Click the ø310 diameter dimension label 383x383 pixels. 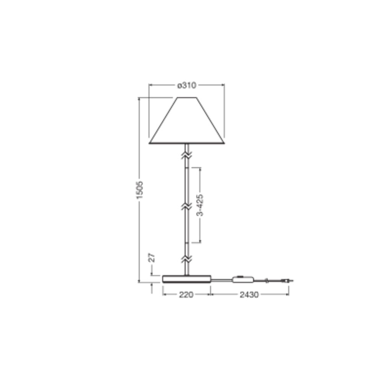pos(187,85)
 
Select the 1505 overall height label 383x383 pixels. pos(140,190)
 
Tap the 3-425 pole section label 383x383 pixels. pos(200,205)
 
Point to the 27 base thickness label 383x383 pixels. pos(152,258)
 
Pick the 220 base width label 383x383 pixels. pos(186,295)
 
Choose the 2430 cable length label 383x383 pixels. pos(249,295)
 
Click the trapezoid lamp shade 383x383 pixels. pos(187,120)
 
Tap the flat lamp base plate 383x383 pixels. pos(187,279)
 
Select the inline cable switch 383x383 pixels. pos(243,280)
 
